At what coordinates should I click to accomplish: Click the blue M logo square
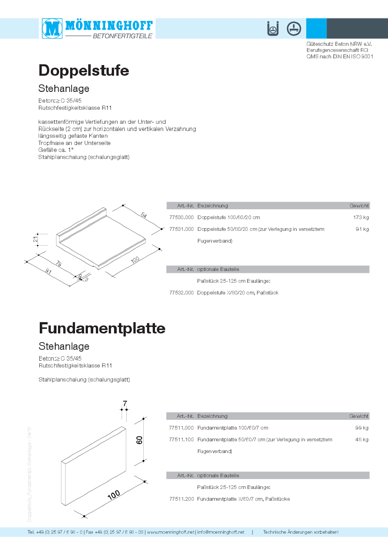(52, 28)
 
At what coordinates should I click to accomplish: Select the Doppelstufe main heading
(84, 70)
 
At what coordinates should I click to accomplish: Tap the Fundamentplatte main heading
(102, 328)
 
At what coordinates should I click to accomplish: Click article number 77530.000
(181, 218)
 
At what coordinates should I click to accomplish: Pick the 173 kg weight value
(361, 218)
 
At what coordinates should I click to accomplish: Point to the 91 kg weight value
(362, 229)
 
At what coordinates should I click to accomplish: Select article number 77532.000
(181, 293)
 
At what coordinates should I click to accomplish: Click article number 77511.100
(181, 440)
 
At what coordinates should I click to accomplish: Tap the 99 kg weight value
(361, 428)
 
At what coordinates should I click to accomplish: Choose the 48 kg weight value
(361, 440)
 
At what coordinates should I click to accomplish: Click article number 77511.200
(181, 499)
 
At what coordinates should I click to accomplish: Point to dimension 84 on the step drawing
(144, 215)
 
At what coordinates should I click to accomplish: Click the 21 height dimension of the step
(35, 239)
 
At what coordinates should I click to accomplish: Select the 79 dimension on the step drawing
(59, 263)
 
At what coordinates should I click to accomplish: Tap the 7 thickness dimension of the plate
(125, 404)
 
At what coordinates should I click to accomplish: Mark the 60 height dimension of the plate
(139, 440)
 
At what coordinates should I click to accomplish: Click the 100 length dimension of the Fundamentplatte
(114, 495)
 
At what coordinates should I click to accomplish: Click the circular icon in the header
(294, 28)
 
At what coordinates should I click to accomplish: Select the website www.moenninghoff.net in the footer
(171, 532)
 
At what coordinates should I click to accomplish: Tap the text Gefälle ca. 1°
(56, 150)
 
